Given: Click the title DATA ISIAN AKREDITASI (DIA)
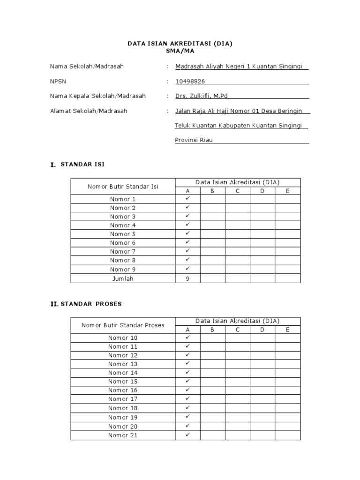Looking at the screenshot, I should coord(180,44).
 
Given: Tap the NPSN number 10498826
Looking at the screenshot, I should coord(190,82).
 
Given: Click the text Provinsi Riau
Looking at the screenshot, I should coord(194,140).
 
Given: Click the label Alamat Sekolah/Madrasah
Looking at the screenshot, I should coord(89,111).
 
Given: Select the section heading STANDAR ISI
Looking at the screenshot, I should coord(83,165).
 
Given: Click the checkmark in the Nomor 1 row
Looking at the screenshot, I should coord(187,198).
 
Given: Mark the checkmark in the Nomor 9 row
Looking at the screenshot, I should coord(187,269).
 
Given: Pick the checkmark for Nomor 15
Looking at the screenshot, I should coord(187,381).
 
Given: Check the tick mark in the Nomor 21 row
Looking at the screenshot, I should coord(187,435).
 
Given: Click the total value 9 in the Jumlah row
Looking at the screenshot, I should coord(187,278).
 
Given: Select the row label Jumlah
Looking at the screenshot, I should coord(123,278).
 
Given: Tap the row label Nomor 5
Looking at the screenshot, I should coord(123,234).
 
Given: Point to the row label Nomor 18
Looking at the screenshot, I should coord(123,408).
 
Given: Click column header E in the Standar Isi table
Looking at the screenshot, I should coord(287,191).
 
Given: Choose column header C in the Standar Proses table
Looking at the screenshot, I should coord(238,330).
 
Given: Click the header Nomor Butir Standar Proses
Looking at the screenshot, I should coord(123,325).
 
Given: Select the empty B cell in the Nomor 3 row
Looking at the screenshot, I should coord(212,217).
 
